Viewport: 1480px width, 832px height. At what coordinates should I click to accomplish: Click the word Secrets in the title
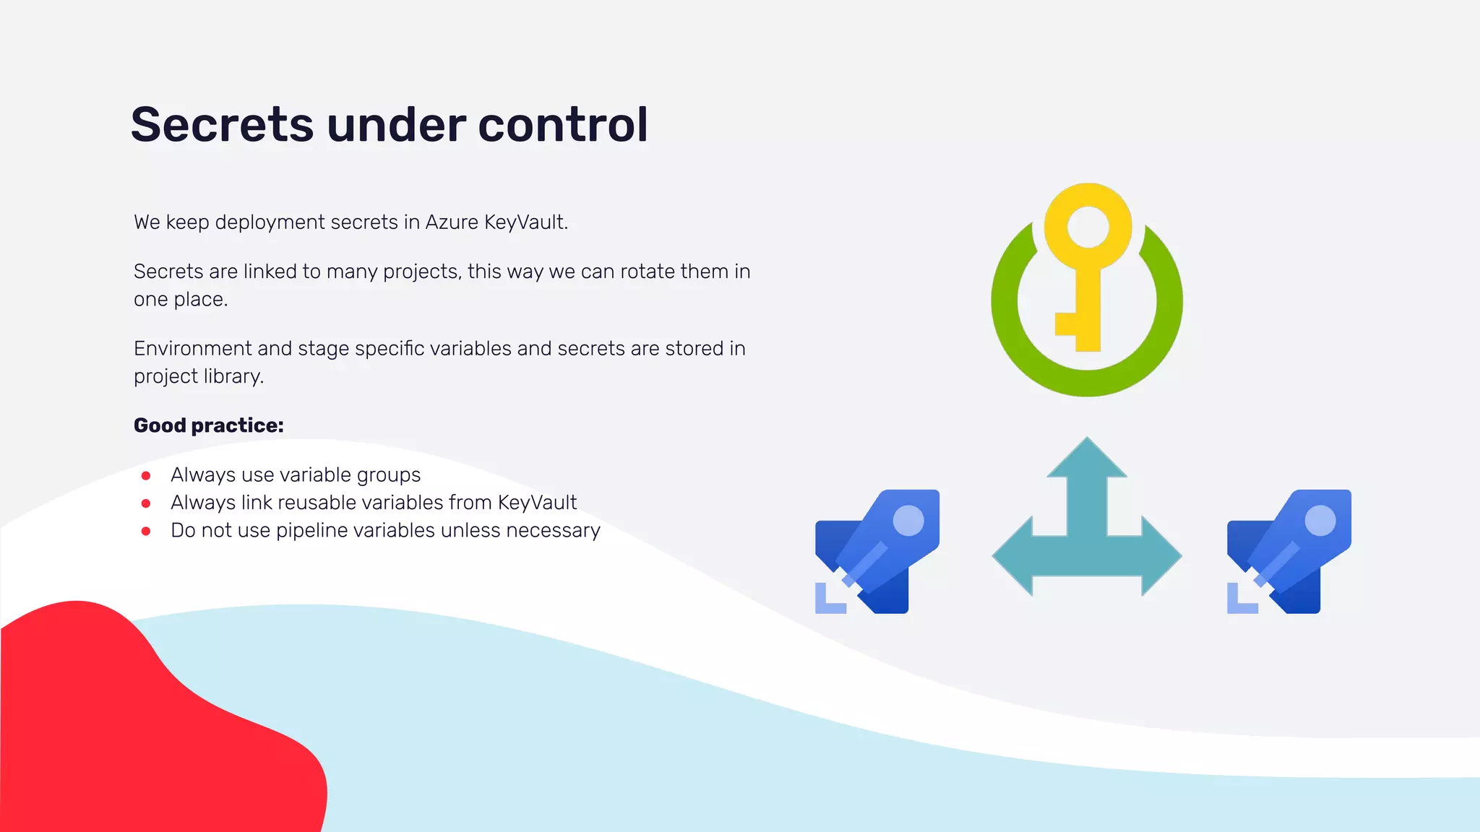tap(221, 125)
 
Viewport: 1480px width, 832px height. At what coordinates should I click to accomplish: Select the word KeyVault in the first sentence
tap(525, 222)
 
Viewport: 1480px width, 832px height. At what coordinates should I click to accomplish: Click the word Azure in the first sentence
tap(452, 222)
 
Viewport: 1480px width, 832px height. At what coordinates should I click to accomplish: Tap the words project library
tap(198, 377)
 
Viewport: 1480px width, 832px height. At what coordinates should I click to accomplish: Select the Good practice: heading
tap(208, 425)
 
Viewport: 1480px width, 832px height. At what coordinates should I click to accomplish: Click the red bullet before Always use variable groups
tap(146, 476)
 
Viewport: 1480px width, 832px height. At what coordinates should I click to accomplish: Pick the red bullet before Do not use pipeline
tap(146, 532)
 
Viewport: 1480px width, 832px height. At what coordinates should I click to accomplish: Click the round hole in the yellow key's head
tap(1088, 226)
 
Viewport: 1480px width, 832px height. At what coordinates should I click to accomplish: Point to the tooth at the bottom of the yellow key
tap(1067, 324)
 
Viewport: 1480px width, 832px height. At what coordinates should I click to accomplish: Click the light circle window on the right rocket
tap(1320, 521)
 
